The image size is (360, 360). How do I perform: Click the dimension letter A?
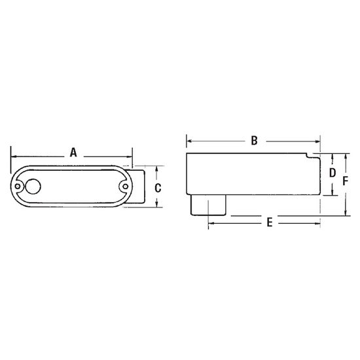pyautogui.click(x=73, y=152)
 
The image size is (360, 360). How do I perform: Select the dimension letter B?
pyautogui.click(x=255, y=140)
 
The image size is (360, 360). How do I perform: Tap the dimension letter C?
pyautogui.click(x=158, y=188)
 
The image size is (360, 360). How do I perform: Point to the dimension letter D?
pyautogui.click(x=332, y=173)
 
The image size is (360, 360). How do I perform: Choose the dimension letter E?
pyautogui.click(x=270, y=223)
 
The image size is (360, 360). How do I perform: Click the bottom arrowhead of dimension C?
pyautogui.click(x=158, y=205)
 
